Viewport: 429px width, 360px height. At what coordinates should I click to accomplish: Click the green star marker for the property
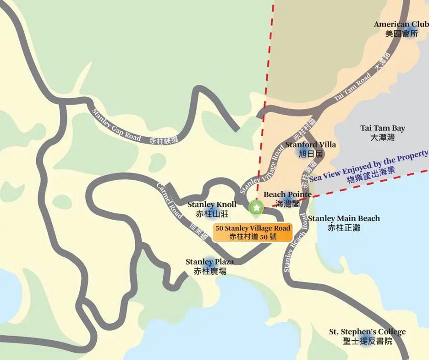tap(256, 208)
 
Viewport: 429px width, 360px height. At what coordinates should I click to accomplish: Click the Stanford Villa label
tap(310, 145)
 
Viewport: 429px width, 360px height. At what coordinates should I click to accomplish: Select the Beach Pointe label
tap(287, 194)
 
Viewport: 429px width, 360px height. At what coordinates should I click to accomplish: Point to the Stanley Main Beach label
tap(344, 218)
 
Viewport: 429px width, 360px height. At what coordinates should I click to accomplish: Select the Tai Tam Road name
tap(352, 87)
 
